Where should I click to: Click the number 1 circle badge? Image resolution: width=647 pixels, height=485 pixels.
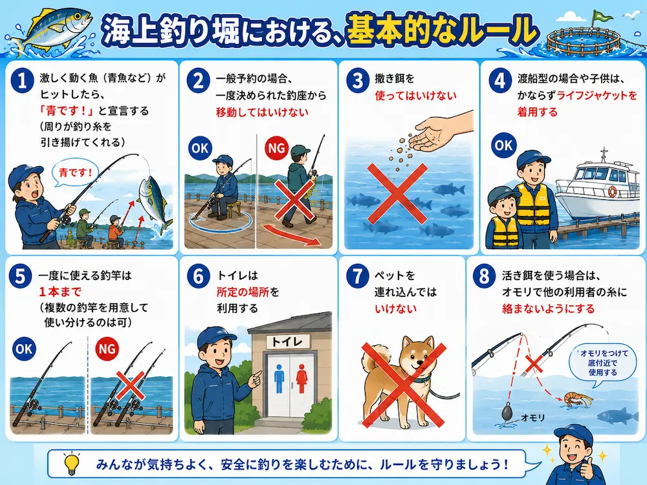tap(22, 80)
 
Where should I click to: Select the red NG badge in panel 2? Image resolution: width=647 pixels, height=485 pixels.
tap(276, 147)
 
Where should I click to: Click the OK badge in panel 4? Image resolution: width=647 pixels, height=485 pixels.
tap(504, 145)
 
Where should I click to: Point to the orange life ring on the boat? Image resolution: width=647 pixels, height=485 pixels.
tap(612, 191)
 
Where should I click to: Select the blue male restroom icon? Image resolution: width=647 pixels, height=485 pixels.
tap(280, 378)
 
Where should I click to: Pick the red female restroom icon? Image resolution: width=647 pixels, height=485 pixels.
tap(302, 378)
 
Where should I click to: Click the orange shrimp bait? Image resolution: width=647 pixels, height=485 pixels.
tap(578, 399)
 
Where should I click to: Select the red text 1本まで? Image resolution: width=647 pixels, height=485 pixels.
tap(60, 292)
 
